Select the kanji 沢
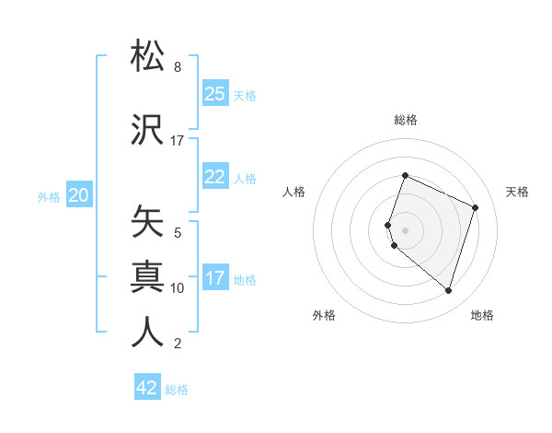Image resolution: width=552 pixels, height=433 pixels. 148,129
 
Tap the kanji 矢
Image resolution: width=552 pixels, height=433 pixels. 148,222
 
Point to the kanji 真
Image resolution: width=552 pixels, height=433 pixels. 148,276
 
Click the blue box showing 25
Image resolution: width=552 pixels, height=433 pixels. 215,94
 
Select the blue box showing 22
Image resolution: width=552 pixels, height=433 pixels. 215,177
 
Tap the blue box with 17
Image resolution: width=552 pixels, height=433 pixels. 215,278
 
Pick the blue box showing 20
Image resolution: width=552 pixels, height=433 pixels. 79,195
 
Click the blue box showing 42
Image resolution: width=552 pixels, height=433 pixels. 147,388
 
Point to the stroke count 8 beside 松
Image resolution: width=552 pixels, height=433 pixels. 178,67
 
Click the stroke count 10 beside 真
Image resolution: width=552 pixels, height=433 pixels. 178,288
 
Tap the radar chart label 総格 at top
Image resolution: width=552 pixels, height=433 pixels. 406,120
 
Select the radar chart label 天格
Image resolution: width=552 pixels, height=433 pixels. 518,192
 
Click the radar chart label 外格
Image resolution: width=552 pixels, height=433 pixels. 324,315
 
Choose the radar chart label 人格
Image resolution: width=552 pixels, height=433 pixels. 294,192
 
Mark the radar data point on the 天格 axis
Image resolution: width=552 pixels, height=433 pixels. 476,207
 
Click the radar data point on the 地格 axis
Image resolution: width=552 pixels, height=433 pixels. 448,290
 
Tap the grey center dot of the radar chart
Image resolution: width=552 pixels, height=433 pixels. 406,230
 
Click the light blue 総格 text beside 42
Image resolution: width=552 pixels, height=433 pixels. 177,390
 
